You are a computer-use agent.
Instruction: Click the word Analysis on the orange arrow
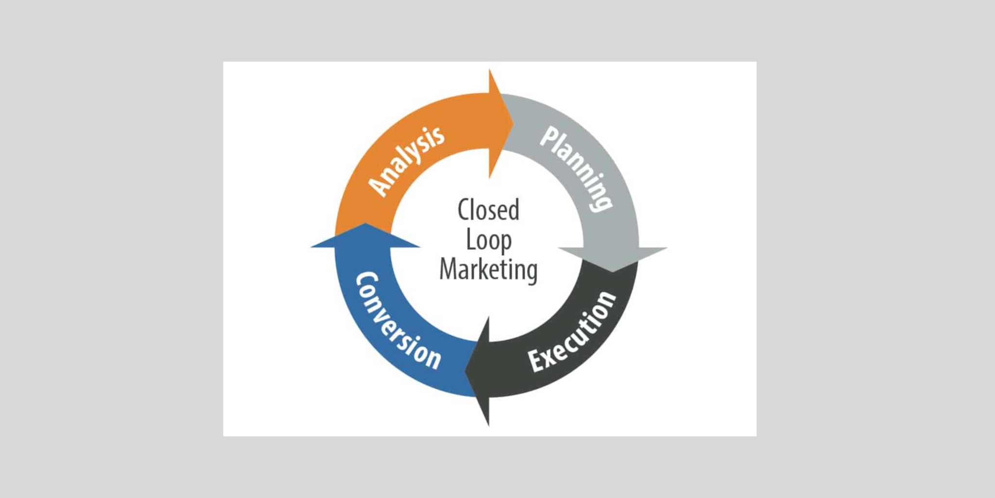coord(406,161)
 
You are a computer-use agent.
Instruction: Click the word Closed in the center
coord(488,210)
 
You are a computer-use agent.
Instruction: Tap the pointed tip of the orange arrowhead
coord(513,123)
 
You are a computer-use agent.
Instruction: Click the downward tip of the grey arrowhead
coord(613,271)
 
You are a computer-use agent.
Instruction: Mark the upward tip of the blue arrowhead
coord(365,224)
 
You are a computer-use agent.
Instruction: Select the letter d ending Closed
coord(513,210)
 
